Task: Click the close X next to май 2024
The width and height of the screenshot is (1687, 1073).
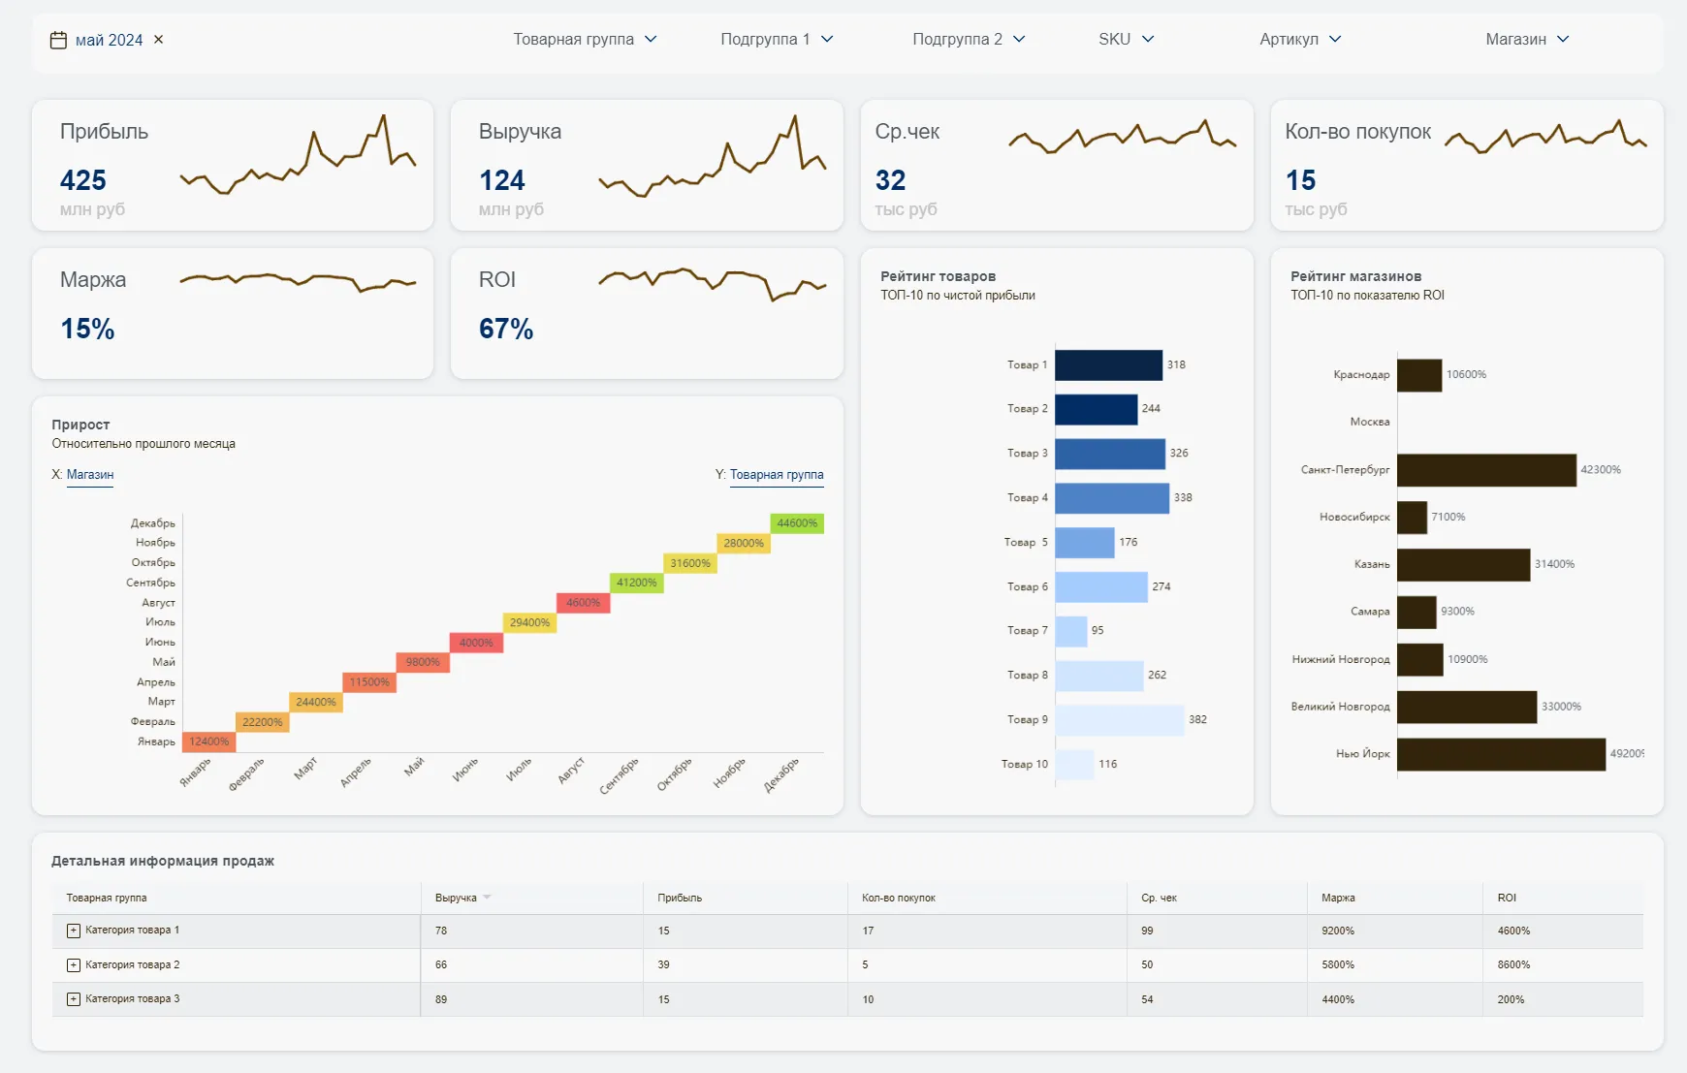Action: (159, 40)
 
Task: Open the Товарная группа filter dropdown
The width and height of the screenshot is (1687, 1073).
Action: (585, 40)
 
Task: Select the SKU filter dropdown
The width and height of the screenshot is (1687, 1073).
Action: (1126, 40)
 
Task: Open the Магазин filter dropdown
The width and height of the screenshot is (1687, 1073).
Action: (1526, 40)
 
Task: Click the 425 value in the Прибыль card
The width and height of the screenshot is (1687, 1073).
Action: (83, 180)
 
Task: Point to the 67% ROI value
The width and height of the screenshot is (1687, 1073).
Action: (506, 329)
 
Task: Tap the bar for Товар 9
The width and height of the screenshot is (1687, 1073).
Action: (1119, 720)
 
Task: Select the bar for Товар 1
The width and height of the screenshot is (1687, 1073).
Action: (1108, 365)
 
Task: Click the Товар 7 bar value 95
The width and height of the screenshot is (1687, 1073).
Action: (1098, 630)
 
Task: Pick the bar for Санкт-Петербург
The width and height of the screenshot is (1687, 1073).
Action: (1485, 470)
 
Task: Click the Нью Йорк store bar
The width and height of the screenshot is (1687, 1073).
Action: (1500, 754)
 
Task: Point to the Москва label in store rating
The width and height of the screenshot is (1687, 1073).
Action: (1369, 422)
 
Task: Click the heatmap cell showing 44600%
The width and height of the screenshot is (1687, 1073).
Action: (797, 523)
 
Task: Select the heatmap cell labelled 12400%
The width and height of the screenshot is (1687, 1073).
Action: (208, 742)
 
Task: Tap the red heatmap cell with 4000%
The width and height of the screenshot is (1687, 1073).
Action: (476, 643)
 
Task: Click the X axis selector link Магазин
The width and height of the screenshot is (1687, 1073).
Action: (90, 475)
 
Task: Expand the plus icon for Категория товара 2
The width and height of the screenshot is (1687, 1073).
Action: (74, 965)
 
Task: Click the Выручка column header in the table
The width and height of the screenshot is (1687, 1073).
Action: (456, 898)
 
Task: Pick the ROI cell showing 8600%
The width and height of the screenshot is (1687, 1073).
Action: (1513, 965)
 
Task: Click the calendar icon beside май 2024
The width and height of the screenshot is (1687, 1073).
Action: (58, 40)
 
